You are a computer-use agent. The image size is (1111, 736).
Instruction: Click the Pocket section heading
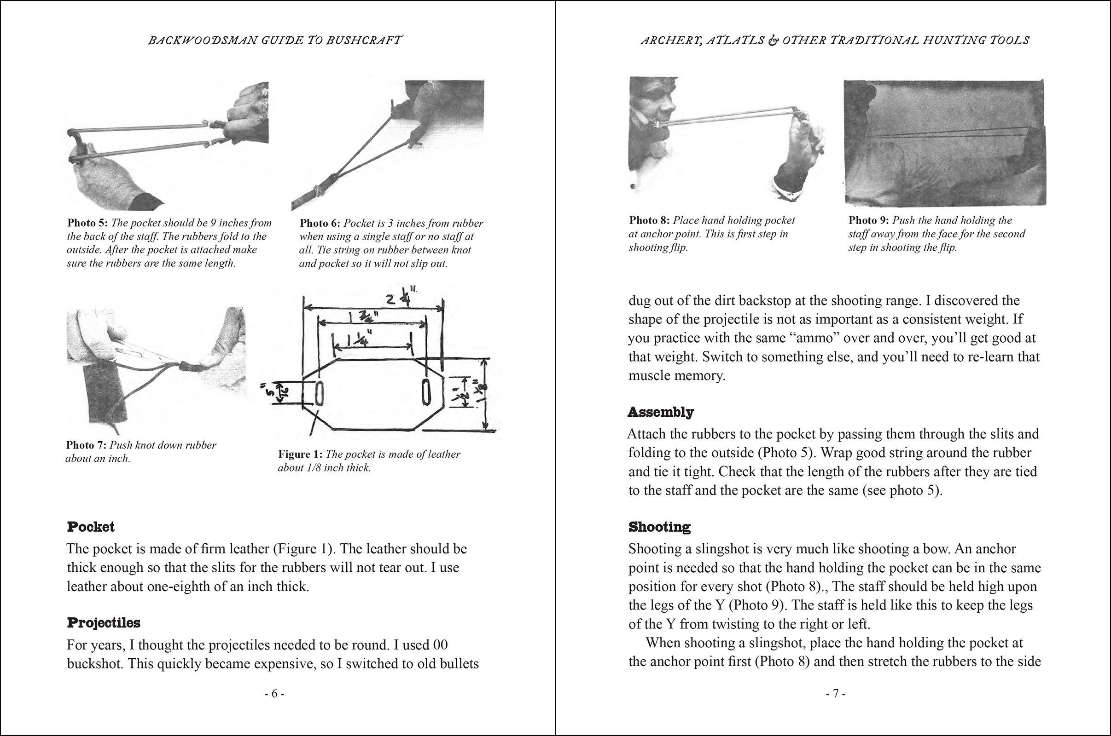pyautogui.click(x=91, y=527)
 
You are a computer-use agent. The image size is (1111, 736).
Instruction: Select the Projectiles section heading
pyautogui.click(x=103, y=623)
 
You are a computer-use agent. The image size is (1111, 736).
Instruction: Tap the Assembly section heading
pyautogui.click(x=661, y=412)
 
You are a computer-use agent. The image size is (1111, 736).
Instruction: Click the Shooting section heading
pyautogui.click(x=659, y=527)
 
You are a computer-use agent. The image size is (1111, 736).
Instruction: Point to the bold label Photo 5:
pyautogui.click(x=87, y=223)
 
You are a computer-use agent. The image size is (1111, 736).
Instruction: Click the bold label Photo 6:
pyautogui.click(x=320, y=223)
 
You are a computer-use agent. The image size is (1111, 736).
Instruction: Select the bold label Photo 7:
pyautogui.click(x=87, y=445)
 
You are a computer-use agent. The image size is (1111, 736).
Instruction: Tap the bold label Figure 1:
pyautogui.click(x=300, y=454)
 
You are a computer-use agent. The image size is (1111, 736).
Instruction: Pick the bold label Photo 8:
pyautogui.click(x=649, y=221)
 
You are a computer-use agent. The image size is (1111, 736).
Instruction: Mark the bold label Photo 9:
pyautogui.click(x=869, y=221)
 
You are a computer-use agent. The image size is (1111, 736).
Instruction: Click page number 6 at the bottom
pyautogui.click(x=274, y=694)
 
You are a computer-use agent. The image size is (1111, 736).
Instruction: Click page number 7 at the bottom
pyautogui.click(x=836, y=694)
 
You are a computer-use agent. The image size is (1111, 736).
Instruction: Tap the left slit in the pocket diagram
pyautogui.click(x=319, y=393)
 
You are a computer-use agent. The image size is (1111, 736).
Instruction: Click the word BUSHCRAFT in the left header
pyautogui.click(x=364, y=40)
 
